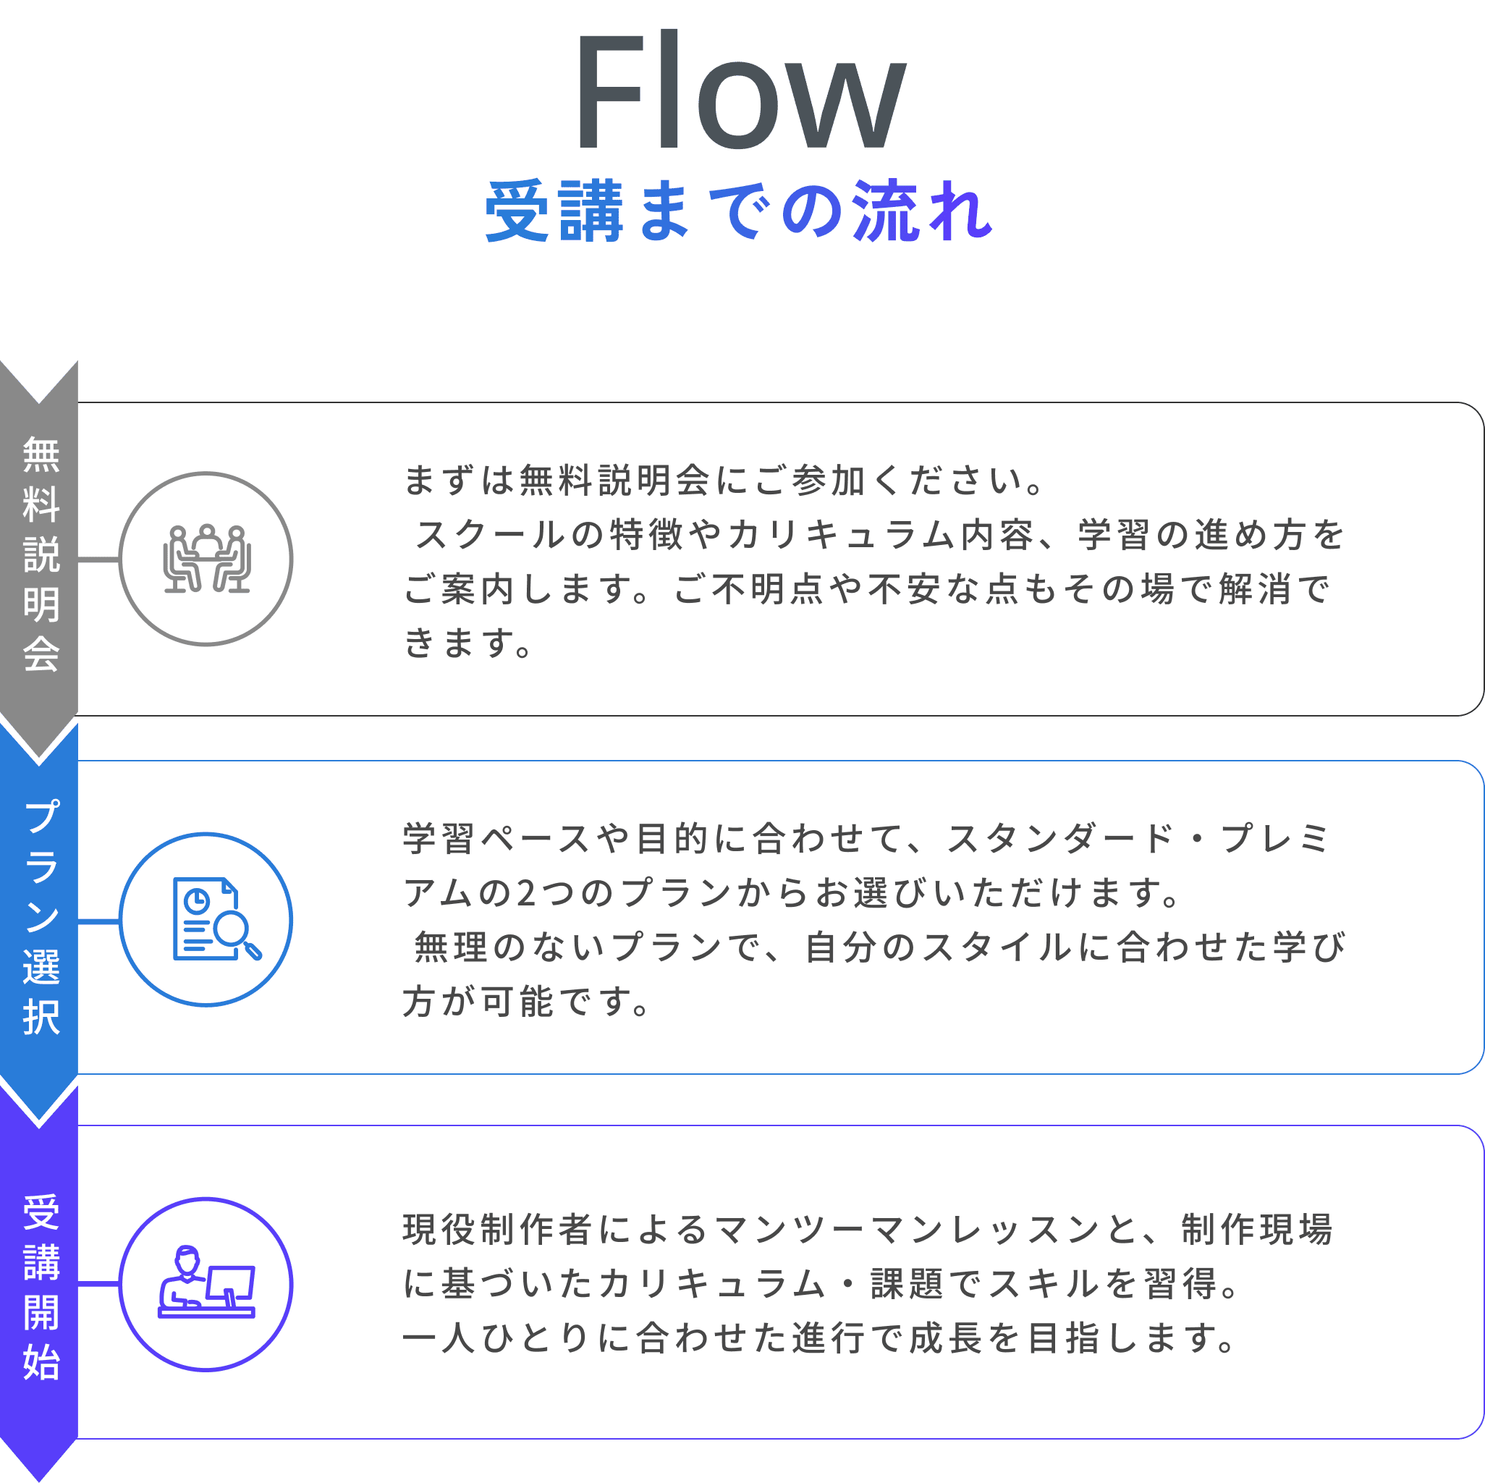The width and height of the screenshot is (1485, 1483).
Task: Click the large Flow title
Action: pos(741,90)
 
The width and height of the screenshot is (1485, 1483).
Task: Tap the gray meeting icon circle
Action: pos(206,559)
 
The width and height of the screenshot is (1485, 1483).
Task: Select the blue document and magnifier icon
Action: pos(216,919)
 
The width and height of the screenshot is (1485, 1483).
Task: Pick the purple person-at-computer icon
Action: pos(206,1282)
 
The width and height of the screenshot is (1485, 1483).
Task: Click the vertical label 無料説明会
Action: pos(41,554)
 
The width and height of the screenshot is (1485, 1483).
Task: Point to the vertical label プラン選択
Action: pos(41,916)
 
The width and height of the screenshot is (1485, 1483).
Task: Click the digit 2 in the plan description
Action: pos(527,893)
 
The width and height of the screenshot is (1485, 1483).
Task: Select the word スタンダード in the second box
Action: pos(1060,839)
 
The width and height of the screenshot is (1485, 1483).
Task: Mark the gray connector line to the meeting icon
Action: pos(98,559)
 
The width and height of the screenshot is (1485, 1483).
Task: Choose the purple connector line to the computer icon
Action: pos(98,1283)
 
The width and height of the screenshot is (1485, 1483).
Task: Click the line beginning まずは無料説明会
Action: pos(723,481)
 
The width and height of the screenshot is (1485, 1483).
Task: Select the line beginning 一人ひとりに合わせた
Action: pos(819,1338)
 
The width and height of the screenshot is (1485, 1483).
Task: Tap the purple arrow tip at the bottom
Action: pos(39,1479)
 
